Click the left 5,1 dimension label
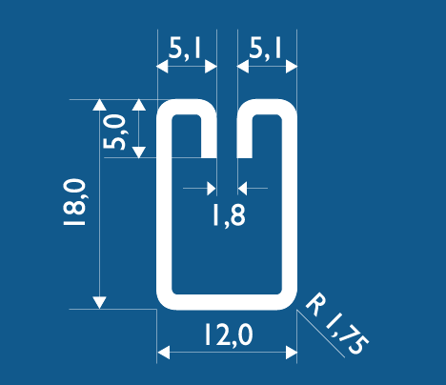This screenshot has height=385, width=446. [185, 49]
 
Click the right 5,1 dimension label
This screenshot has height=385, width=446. [265, 49]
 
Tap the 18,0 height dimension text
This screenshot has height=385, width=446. [74, 202]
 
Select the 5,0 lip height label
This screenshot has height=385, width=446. [114, 132]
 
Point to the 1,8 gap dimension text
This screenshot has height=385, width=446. [229, 215]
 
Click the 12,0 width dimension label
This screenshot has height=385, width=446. [229, 334]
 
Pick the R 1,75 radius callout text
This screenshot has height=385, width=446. [337, 323]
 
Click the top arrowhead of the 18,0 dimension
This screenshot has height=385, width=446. [99, 105]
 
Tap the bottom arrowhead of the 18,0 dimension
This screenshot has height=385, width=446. [99, 303]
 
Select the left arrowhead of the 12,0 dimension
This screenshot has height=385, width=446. [163, 353]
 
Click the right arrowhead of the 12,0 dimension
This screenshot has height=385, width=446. [292, 353]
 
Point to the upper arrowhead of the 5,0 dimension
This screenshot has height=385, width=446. [139, 105]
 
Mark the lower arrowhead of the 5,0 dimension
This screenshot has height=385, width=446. [139, 152]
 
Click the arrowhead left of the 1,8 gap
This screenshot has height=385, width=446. [212, 189]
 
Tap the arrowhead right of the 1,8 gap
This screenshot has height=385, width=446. [242, 189]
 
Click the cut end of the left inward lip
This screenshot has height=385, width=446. [209, 157]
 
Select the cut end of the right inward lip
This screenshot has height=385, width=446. [245, 157]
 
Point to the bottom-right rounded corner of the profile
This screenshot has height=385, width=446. [291, 303]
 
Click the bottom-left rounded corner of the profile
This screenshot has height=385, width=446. [164, 303]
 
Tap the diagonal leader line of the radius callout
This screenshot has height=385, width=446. [321, 334]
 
